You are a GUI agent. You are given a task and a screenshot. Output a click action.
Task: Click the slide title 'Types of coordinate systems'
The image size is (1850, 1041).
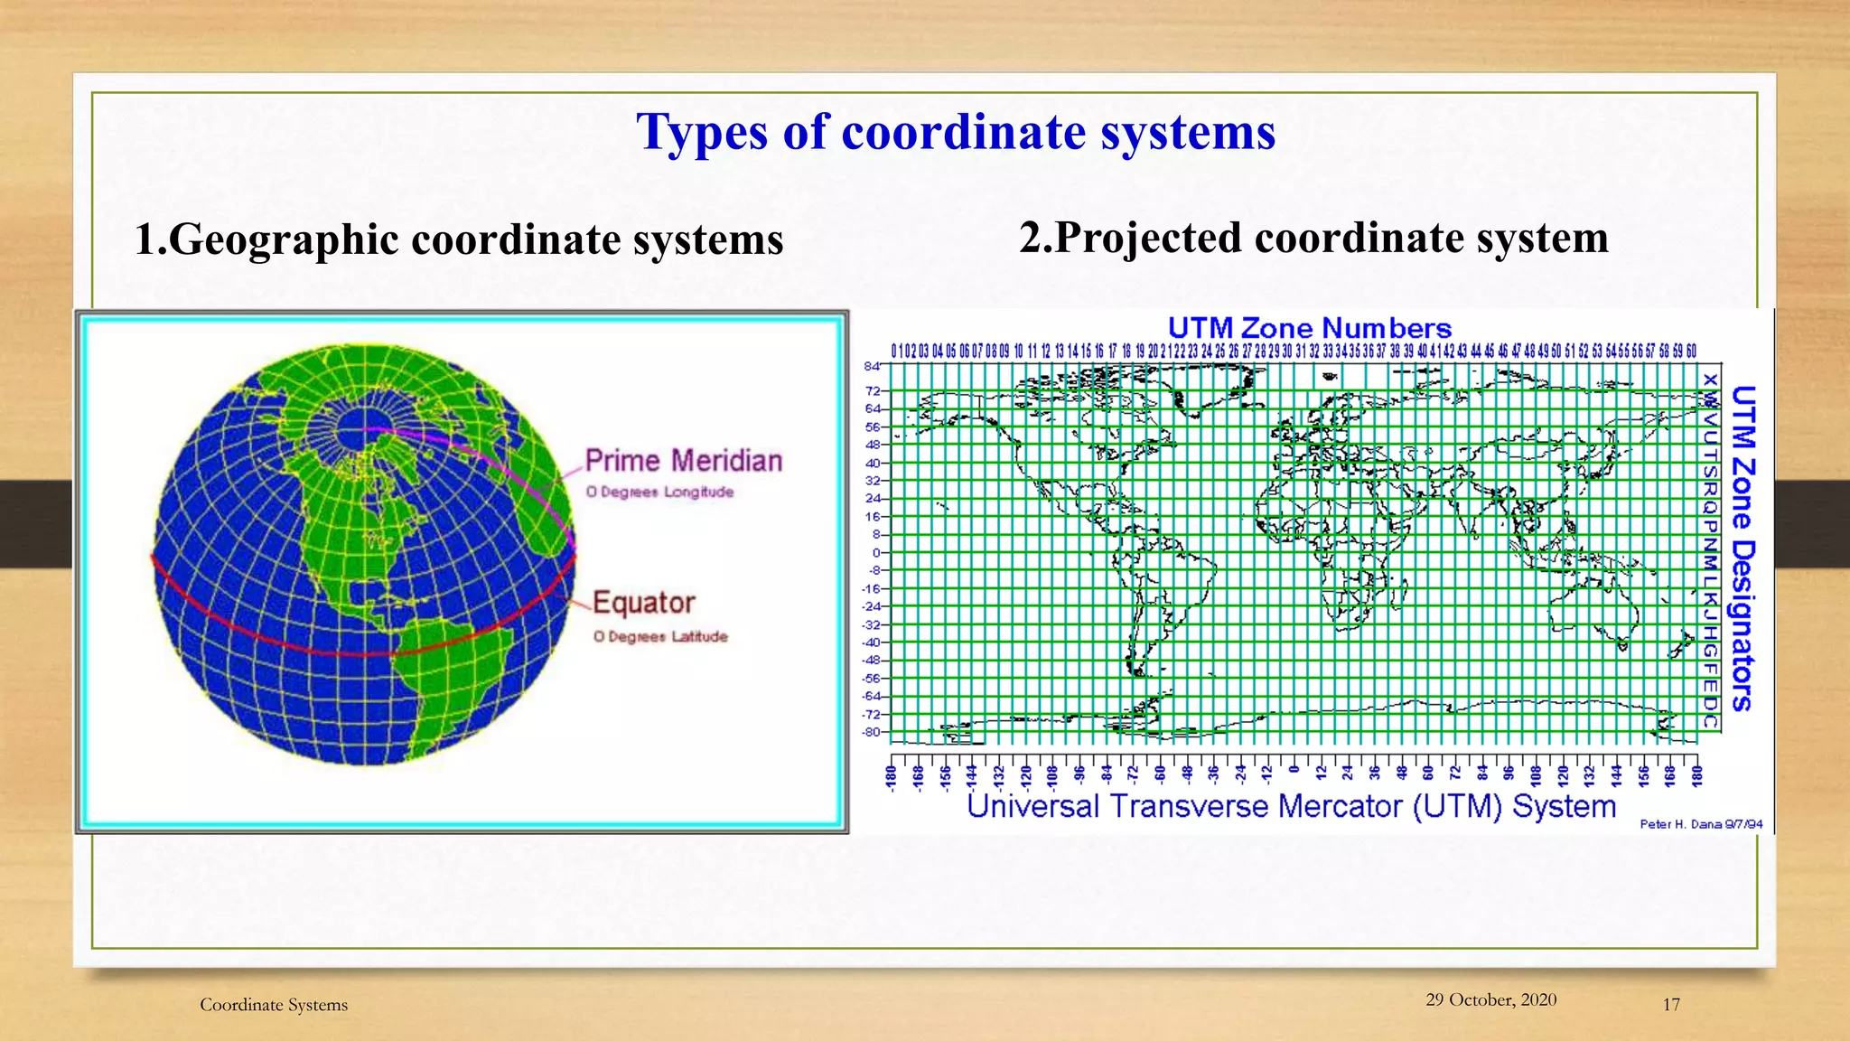956,132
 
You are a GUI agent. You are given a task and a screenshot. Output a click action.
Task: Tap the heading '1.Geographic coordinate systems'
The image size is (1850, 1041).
459,240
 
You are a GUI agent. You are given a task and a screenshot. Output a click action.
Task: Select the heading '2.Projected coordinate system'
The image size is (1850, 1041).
1313,238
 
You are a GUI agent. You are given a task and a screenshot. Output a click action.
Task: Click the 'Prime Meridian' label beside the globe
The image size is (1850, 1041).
684,461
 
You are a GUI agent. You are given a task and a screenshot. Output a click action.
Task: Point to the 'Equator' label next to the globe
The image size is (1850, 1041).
644,603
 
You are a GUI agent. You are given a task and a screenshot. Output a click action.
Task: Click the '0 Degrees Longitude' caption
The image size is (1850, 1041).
660,492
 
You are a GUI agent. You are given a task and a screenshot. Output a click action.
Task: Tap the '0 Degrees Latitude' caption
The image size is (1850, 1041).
661,637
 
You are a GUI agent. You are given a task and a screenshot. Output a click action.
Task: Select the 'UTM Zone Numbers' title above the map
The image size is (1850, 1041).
1309,328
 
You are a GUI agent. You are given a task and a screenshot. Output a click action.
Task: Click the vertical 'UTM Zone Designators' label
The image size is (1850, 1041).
1743,549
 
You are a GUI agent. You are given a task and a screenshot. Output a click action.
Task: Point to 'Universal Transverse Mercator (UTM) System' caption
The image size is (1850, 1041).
1291,806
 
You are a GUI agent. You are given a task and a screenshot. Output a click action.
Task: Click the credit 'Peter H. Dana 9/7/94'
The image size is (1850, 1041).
1701,824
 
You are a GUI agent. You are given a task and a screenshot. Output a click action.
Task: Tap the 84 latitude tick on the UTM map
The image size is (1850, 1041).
872,366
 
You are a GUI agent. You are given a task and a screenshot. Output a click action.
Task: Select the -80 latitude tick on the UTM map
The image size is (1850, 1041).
871,732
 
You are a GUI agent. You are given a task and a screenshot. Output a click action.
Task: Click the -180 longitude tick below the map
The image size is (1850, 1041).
892,778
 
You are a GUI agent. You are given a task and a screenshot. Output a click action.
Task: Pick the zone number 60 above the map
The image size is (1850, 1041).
1691,351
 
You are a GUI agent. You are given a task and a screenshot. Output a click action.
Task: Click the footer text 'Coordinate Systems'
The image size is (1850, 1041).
274,1005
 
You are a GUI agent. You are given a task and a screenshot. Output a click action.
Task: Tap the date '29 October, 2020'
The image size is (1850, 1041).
1490,999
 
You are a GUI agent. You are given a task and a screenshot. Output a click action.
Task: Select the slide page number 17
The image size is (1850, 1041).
1671,1005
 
